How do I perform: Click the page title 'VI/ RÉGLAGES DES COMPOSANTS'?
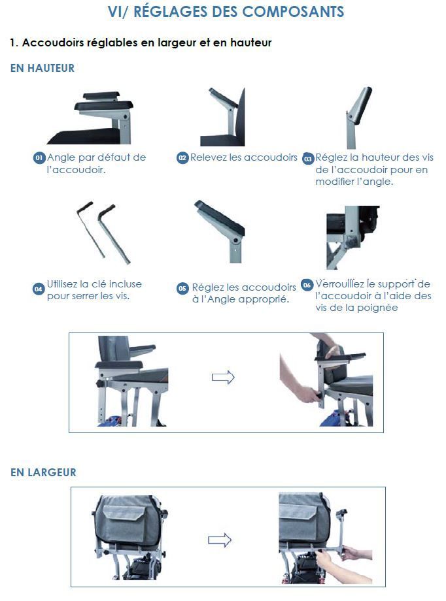point(226,12)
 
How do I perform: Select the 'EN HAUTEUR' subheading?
point(43,68)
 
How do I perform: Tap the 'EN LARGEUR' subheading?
point(43,472)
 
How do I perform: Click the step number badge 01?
point(39,158)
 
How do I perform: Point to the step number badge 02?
point(182,158)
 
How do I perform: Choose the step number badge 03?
point(308,159)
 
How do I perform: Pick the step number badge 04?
point(39,288)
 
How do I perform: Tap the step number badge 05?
point(182,288)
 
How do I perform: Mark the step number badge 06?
point(307,285)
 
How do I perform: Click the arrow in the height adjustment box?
point(223,378)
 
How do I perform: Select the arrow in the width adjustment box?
point(220,540)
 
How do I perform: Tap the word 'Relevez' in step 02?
point(208,157)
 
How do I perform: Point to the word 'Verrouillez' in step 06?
point(339,284)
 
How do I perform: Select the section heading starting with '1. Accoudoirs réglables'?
point(141,43)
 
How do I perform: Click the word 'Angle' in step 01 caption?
point(61,157)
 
